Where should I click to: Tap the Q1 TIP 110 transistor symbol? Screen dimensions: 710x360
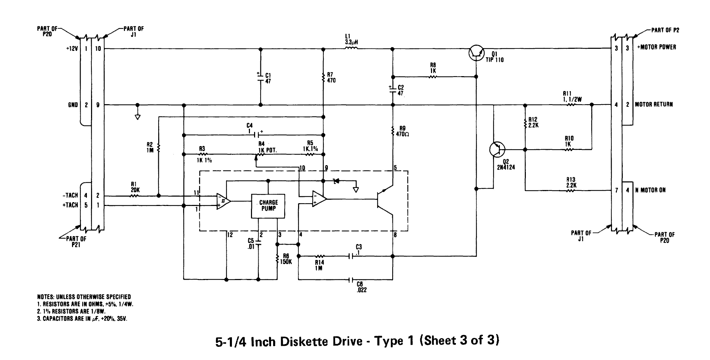(x=477, y=52)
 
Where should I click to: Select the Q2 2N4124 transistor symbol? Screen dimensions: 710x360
(x=497, y=149)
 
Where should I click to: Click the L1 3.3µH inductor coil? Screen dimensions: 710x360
(x=351, y=49)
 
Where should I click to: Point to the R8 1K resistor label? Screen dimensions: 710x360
(x=433, y=67)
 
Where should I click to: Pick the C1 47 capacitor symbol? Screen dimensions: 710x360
(x=260, y=78)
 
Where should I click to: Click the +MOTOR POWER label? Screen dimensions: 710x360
(x=657, y=47)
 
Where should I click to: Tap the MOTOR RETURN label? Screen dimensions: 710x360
(x=654, y=104)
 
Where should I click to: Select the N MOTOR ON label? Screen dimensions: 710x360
(x=650, y=190)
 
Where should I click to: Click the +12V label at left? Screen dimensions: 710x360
(x=72, y=48)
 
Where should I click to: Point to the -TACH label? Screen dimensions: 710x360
(x=70, y=195)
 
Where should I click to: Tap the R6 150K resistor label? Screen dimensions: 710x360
(x=286, y=259)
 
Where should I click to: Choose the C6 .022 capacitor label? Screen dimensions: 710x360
(x=362, y=287)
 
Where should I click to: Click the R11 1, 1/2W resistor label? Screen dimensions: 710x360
(x=572, y=96)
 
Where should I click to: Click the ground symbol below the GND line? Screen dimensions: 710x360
(x=138, y=117)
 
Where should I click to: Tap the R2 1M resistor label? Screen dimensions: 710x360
(x=150, y=147)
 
